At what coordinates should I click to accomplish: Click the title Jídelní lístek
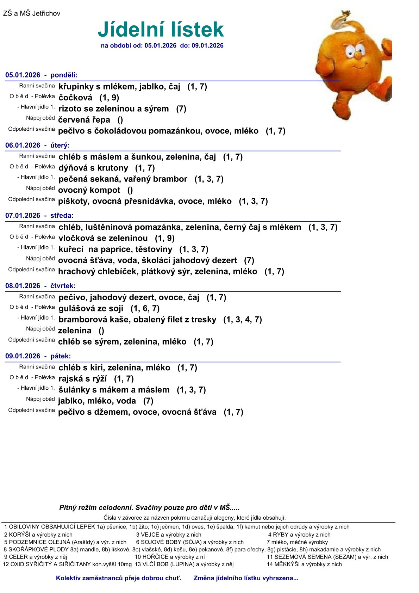pos(161,30)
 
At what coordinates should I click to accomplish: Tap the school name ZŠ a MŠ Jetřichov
pos(32,14)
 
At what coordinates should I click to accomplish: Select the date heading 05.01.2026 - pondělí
pos(41,75)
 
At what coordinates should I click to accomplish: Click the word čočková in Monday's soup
pos(75,98)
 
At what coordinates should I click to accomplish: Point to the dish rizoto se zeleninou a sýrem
pos(113,109)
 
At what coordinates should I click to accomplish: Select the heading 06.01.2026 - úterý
pos(37,145)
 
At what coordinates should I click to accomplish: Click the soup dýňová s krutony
pos(93,168)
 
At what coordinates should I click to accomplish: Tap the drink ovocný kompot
pos(89,190)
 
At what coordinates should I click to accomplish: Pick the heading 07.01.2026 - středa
pos(39,216)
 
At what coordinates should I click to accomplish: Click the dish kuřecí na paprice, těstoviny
pos(115,249)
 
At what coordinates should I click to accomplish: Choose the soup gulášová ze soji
pos(91,309)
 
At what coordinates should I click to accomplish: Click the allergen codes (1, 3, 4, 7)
pos(243,320)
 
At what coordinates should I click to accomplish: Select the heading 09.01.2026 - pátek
pos(38,356)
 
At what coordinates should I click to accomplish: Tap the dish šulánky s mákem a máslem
pos(114,390)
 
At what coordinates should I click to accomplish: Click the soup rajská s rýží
pos(83,379)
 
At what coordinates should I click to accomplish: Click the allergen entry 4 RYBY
pos(299,535)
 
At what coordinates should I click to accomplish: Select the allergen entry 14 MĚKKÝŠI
pos(304,564)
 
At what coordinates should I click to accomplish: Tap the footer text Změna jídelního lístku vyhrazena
pos(246,578)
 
